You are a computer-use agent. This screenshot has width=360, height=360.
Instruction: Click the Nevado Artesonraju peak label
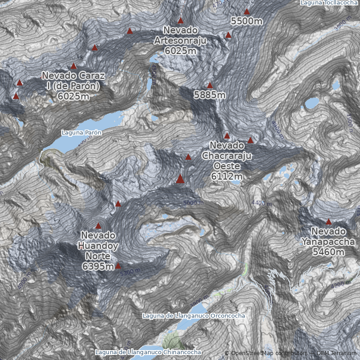[x=180, y=40]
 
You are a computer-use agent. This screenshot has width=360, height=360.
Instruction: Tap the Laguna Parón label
[x=81, y=133]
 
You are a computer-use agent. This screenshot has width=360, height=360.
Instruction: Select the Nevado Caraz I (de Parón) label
[x=73, y=85]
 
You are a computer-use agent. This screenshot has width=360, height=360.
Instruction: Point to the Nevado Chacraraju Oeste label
[x=227, y=161]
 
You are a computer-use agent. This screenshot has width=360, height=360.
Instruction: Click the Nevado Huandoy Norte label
[x=98, y=251]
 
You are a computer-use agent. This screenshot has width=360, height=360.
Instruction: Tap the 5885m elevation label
[x=210, y=95]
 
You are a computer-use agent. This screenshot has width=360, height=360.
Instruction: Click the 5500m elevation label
[x=247, y=21]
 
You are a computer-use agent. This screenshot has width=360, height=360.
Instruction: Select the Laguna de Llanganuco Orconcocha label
[x=194, y=315]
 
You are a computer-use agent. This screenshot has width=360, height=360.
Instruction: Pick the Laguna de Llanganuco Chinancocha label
[x=148, y=352]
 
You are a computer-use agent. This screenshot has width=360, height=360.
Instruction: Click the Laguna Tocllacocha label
[x=329, y=3]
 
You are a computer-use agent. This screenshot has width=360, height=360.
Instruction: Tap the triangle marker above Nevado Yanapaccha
[x=328, y=221]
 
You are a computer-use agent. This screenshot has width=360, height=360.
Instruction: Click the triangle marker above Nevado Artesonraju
[x=180, y=20]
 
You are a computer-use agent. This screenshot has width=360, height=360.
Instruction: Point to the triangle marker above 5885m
[x=210, y=85]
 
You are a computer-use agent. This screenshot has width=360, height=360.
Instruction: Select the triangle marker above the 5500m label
[x=247, y=11]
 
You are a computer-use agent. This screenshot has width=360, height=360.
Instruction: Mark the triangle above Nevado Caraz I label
[x=74, y=66]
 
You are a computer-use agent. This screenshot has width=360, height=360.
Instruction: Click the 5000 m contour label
[x=193, y=203]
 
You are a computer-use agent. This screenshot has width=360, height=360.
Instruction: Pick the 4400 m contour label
[x=261, y=203]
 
